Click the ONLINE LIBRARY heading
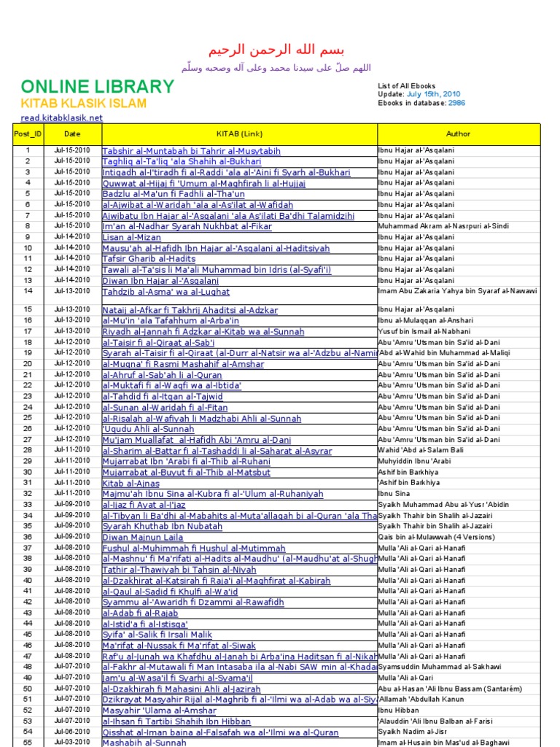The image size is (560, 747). [x=98, y=88]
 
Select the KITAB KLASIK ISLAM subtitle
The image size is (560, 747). [x=83, y=104]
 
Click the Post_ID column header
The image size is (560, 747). [x=28, y=133]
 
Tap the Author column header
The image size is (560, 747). [x=458, y=133]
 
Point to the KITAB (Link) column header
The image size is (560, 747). [x=239, y=133]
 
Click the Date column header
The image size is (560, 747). [x=72, y=133]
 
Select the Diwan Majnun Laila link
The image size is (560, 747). [x=143, y=537]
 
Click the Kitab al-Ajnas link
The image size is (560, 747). [x=131, y=483]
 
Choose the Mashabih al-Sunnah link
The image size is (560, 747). [x=144, y=743]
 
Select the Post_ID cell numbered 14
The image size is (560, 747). [x=28, y=291]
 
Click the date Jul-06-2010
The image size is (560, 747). [x=72, y=731]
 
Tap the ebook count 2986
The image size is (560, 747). [x=456, y=103]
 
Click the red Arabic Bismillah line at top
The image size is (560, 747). [x=276, y=50]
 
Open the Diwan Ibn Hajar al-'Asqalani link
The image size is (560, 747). [x=160, y=281]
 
